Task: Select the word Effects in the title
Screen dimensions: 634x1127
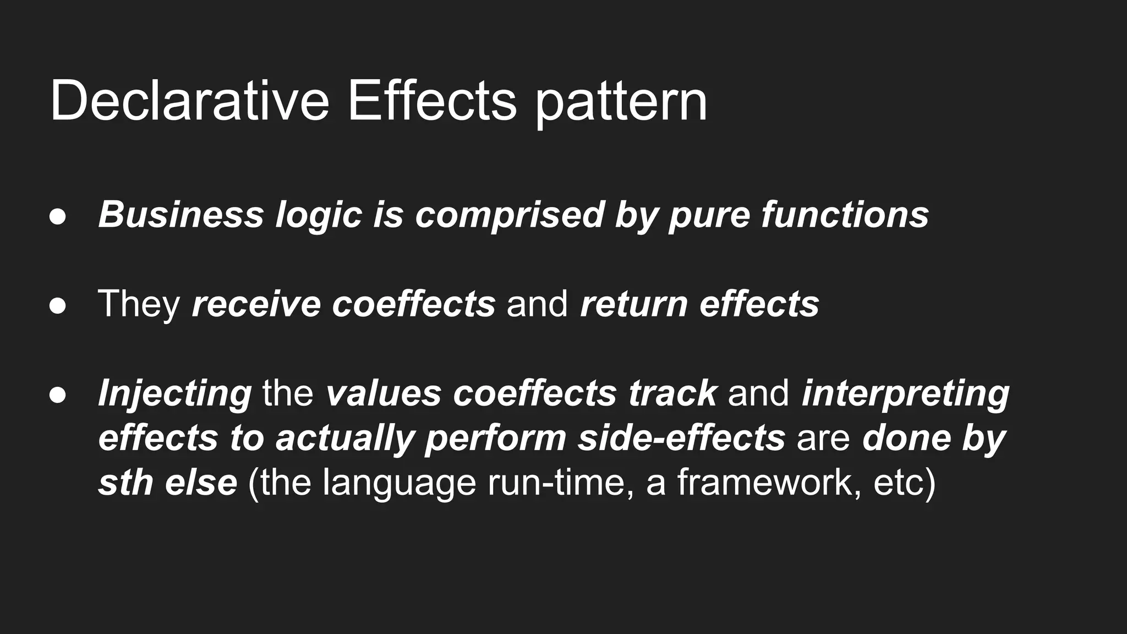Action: pyautogui.click(x=432, y=101)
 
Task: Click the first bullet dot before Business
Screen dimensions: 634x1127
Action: pyautogui.click(x=58, y=216)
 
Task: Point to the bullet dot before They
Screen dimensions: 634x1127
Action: pyautogui.click(x=58, y=305)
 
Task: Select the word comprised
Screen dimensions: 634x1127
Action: pyautogui.click(x=510, y=215)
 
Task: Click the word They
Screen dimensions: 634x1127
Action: pyautogui.click(x=139, y=304)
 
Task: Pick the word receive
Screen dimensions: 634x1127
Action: pyautogui.click(x=256, y=304)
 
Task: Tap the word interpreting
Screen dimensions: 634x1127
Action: pyautogui.click(x=905, y=394)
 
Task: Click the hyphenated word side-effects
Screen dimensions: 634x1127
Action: pyautogui.click(x=681, y=438)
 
